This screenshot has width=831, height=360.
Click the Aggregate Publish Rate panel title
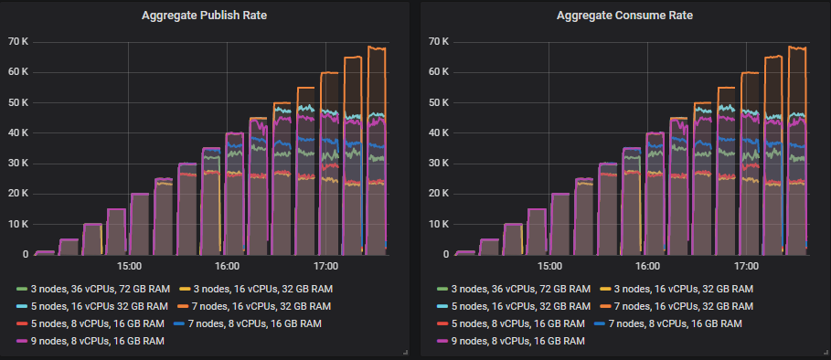(205, 16)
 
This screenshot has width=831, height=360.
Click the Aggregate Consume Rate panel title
(624, 16)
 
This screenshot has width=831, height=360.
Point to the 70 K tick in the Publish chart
(18, 42)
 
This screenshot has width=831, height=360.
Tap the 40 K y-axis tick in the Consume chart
(440, 133)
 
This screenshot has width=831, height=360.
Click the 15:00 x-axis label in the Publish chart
(128, 266)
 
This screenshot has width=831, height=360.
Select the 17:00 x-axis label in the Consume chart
(747, 266)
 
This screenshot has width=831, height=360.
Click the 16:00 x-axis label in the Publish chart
(227, 266)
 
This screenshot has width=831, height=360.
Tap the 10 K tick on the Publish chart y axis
(18, 225)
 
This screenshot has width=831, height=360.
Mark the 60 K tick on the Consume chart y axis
(440, 72)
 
